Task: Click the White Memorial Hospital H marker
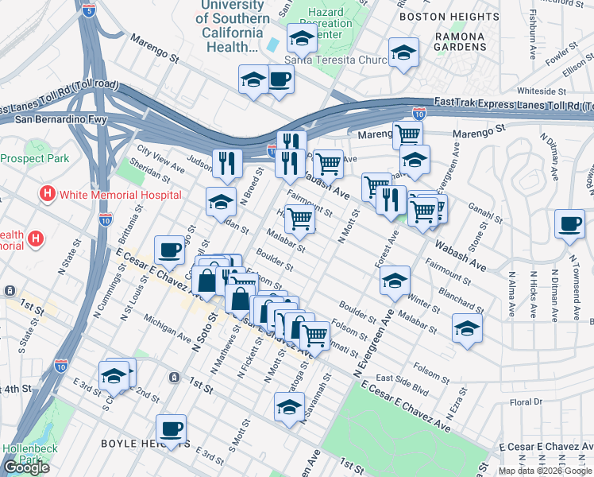(48, 193)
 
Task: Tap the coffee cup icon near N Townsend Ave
(569, 223)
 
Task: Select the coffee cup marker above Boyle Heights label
(171, 429)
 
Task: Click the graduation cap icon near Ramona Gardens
(403, 52)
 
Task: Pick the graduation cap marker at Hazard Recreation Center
(302, 37)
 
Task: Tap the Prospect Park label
(35, 158)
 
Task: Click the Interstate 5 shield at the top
(89, 10)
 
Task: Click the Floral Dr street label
(526, 402)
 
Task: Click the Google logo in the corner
(26, 467)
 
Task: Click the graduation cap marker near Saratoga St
(289, 406)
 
